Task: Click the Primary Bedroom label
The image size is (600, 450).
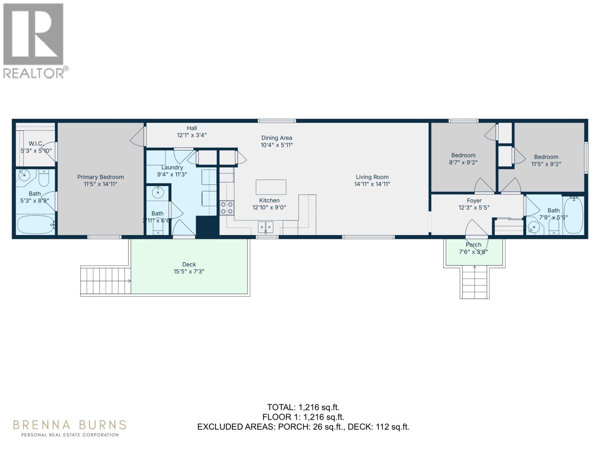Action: click(100, 177)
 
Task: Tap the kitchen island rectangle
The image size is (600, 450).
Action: click(271, 187)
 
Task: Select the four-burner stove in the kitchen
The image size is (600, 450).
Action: click(226, 208)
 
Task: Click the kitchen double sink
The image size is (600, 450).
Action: click(265, 227)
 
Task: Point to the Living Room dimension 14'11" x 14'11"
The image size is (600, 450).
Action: click(372, 184)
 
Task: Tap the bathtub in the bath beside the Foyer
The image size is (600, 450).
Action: click(573, 216)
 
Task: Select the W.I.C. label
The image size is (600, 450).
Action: click(36, 144)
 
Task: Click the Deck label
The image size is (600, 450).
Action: click(189, 264)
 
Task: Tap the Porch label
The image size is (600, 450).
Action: click(473, 244)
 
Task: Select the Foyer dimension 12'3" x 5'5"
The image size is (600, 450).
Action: click(474, 207)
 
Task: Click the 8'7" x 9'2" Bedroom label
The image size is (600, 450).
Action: click(463, 155)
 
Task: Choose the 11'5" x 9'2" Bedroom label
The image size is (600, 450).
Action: click(546, 157)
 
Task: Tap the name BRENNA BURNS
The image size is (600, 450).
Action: click(69, 425)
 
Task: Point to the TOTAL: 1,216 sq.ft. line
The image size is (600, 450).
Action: click(303, 407)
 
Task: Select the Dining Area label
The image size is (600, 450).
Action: click(276, 138)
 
